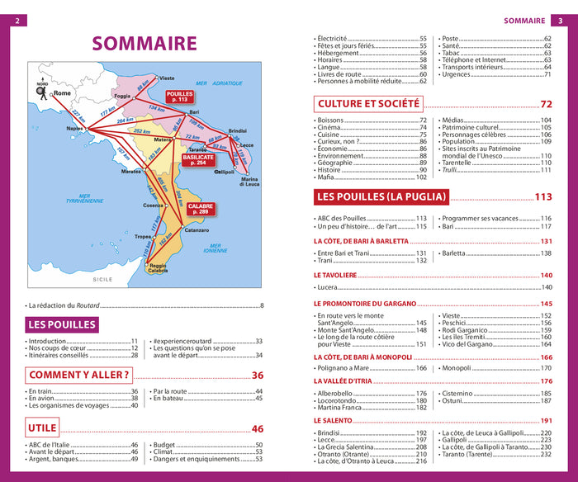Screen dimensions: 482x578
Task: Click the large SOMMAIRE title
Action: pyautogui.click(x=144, y=43)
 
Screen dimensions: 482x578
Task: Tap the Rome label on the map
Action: pyautogui.click(x=63, y=94)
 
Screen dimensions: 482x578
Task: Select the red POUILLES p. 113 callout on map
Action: pyautogui.click(x=179, y=96)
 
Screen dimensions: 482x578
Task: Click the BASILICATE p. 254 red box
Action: pyautogui.click(x=198, y=159)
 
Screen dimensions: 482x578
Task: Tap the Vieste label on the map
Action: pyautogui.click(x=167, y=78)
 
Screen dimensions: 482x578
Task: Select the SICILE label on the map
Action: pyautogui.click(x=102, y=280)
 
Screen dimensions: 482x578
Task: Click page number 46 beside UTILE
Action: pyautogui.click(x=257, y=428)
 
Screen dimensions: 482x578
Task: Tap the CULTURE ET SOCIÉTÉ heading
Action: pyautogui.click(x=368, y=104)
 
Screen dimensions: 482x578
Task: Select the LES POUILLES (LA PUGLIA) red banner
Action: pyautogui.click(x=381, y=196)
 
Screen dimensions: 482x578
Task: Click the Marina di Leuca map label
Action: pyautogui.click(x=251, y=182)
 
